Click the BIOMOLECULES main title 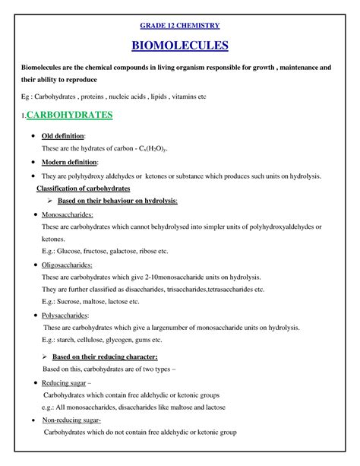[179, 46]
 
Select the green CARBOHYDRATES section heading [69, 116]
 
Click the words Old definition [58, 135]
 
